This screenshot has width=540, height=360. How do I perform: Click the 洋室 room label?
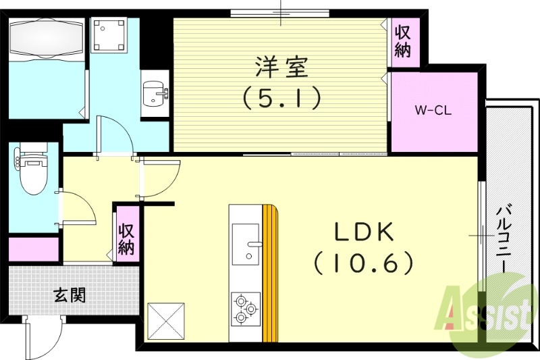(281, 68)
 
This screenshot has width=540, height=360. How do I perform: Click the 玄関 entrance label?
(70, 295)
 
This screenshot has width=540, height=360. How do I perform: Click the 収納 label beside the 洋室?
(403, 41)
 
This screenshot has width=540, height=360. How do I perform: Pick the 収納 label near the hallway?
(126, 238)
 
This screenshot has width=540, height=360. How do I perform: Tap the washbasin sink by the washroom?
(155, 93)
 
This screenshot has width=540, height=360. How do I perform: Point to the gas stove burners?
(244, 309)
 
